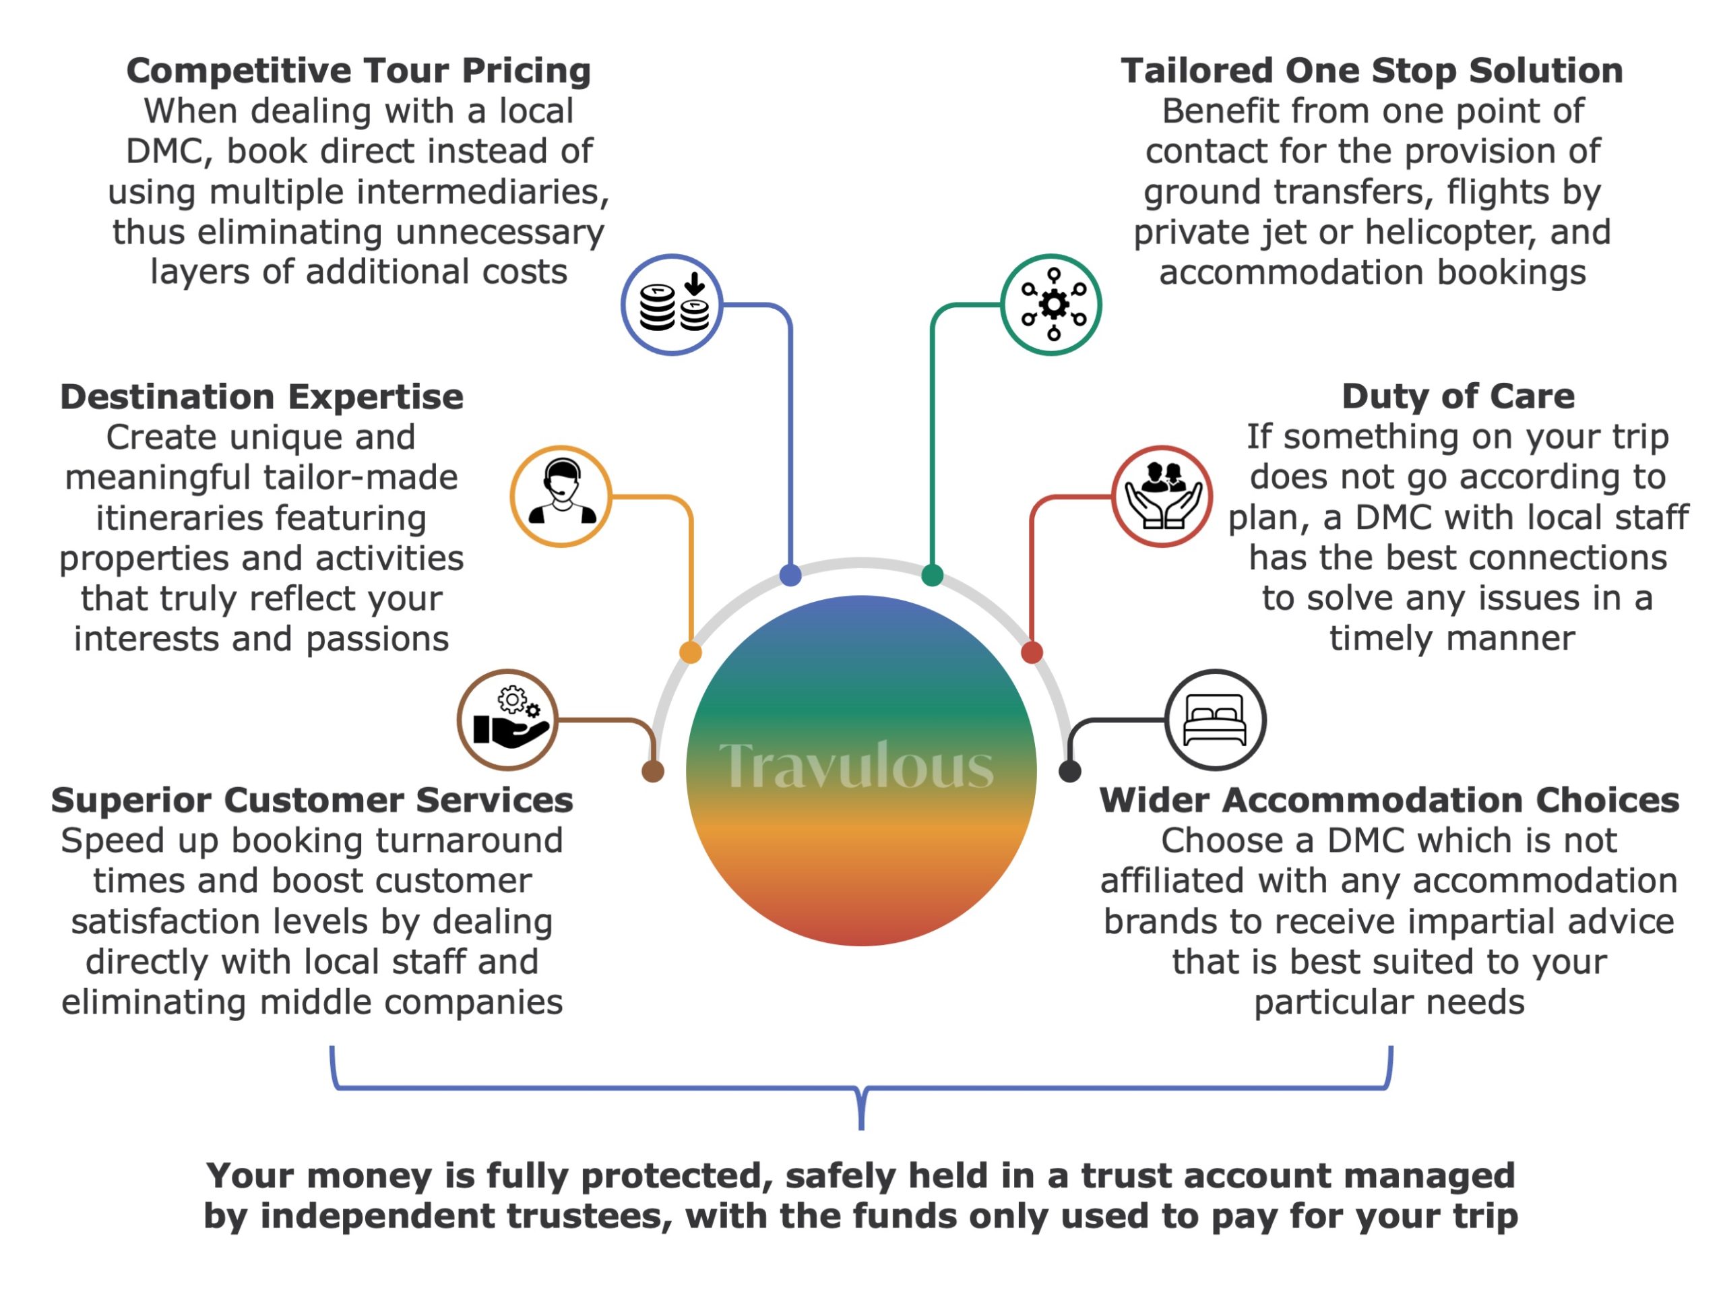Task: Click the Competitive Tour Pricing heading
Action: click(358, 70)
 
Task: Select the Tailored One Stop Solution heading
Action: click(1372, 70)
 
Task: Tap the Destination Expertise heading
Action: click(261, 396)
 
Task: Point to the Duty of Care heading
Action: click(1457, 396)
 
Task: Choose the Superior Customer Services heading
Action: click(312, 799)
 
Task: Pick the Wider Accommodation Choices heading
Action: click(1389, 799)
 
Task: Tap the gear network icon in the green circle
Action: click(1051, 305)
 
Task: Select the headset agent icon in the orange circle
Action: click(561, 496)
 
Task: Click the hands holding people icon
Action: click(1162, 496)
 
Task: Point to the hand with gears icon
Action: click(507, 720)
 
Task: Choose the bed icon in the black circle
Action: click(1215, 720)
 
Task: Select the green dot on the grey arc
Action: click(932, 576)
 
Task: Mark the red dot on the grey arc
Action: click(1032, 652)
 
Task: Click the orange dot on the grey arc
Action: click(690, 652)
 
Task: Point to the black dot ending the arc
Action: click(1069, 772)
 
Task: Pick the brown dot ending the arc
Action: click(653, 772)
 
